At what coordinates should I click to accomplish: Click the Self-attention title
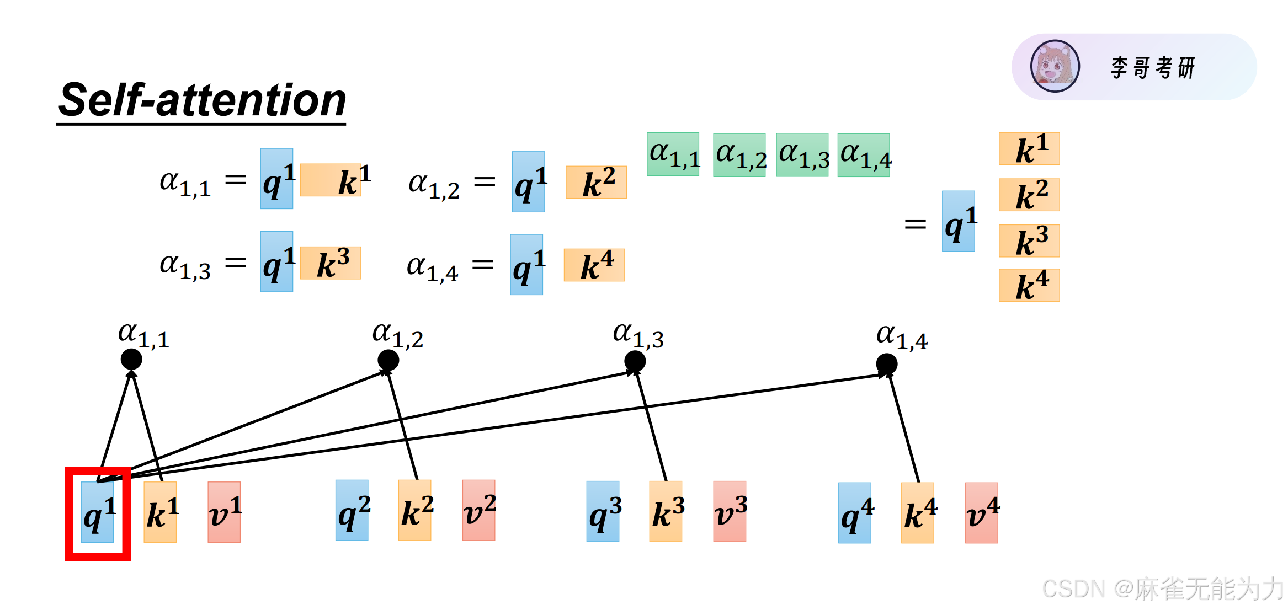[x=202, y=100]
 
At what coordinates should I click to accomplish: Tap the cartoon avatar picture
[x=1055, y=66]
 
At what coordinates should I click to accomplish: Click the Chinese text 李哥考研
[x=1153, y=68]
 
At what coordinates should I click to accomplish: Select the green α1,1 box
[x=673, y=154]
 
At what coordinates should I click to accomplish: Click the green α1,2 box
[x=739, y=155]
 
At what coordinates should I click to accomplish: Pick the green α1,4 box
[x=864, y=155]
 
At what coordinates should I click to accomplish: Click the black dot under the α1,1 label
[x=131, y=360]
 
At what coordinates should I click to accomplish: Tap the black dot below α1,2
[x=388, y=361]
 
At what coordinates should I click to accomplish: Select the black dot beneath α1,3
[x=635, y=362]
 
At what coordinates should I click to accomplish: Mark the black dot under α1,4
[x=887, y=364]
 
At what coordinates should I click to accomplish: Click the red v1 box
[x=224, y=512]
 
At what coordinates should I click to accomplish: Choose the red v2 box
[x=478, y=510]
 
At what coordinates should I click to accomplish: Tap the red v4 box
[x=982, y=513]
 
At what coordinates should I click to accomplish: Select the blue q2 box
[x=352, y=510]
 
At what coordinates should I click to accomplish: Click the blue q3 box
[x=603, y=511]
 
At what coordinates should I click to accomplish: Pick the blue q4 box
[x=855, y=513]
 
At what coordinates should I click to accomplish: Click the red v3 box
[x=730, y=511]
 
